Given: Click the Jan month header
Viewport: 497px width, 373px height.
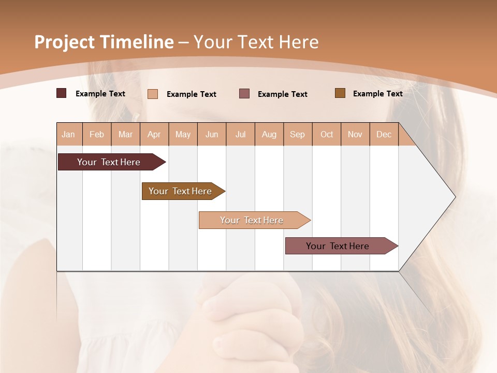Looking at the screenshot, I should [69, 134].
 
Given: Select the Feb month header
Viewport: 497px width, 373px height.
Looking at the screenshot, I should [97, 134].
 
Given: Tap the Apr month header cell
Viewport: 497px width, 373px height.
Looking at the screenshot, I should [154, 134].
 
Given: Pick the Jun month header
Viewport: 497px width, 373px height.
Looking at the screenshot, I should [212, 134].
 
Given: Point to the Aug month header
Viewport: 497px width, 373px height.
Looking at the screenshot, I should [269, 134].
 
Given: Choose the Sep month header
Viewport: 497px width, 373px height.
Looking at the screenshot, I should [298, 134].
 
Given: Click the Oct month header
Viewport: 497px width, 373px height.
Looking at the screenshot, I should [327, 134].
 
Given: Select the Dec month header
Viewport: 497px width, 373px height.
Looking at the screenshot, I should [384, 134].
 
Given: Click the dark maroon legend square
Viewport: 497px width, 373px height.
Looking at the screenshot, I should [62, 93].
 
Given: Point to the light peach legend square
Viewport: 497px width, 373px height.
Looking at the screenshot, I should [153, 94].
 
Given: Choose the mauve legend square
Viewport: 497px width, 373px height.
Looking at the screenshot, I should [244, 94].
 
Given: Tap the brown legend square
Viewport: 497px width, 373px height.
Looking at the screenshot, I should [340, 93].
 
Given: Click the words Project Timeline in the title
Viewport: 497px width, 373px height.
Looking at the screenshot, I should [104, 42].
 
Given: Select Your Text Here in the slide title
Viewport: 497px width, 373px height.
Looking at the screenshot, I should [256, 42].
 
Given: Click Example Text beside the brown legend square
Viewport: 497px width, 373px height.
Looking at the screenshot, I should [377, 94].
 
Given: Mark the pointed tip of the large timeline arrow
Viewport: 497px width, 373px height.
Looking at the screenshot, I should [455, 197].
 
